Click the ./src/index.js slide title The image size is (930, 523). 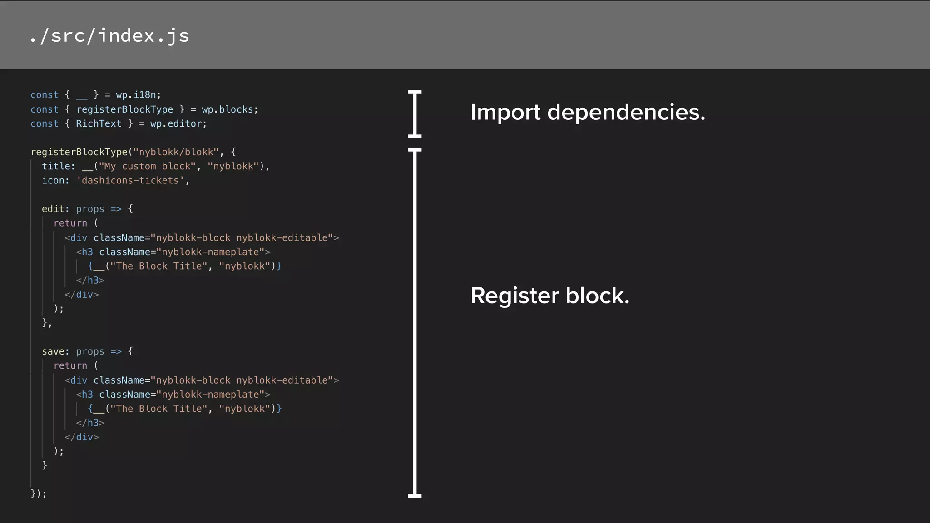point(109,36)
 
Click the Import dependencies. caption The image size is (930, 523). point(588,112)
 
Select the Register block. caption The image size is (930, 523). point(549,296)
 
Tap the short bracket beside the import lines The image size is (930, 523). point(415,113)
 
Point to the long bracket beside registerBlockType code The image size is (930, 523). point(415,322)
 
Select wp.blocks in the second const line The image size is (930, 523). point(228,109)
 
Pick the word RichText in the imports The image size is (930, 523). point(99,123)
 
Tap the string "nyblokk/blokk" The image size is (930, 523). point(176,152)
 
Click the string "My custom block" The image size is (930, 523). point(147,166)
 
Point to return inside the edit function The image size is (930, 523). point(70,223)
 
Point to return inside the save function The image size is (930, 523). point(70,365)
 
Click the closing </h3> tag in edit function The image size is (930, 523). point(90,281)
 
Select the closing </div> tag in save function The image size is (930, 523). point(81,437)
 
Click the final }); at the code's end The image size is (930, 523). point(38,493)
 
